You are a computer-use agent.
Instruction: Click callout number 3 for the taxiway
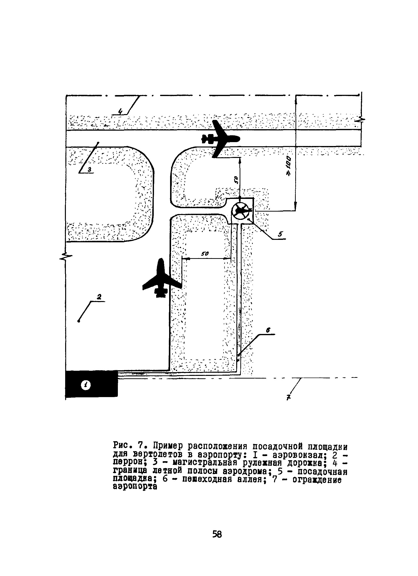tap(90, 170)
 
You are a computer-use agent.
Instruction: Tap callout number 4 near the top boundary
tap(121, 111)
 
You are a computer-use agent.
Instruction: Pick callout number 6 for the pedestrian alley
tap(268, 330)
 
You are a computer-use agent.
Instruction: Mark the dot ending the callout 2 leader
tap(79, 322)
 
